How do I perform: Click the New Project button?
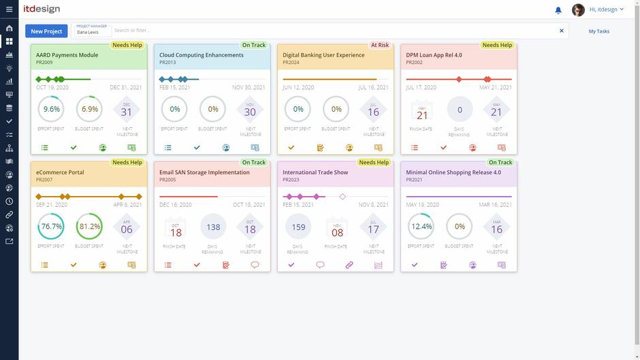tap(46, 31)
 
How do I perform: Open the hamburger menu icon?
tap(9, 10)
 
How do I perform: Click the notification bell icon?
tap(558, 10)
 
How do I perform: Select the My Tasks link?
tap(598, 31)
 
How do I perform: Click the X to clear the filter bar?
tap(562, 31)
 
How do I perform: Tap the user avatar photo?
tap(578, 10)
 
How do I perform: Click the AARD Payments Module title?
tap(67, 55)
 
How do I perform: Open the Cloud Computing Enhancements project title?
tap(201, 55)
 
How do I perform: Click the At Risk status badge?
tap(379, 46)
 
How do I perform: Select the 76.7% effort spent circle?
tap(52, 227)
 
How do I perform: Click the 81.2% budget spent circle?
tap(89, 227)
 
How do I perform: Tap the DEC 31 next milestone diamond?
tap(127, 110)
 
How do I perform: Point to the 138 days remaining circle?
tap(213, 227)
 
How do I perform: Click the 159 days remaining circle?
tap(298, 227)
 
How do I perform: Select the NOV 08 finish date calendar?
tap(337, 229)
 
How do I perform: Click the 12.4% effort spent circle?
tap(421, 227)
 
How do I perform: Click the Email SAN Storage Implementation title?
tap(204, 172)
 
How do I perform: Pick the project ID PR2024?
tap(291, 63)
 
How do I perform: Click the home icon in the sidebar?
tap(9, 29)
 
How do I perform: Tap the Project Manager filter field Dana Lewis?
tap(91, 31)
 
